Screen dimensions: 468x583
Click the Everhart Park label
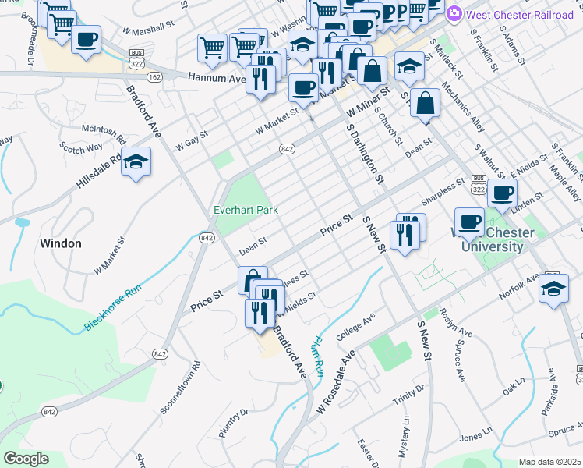click(x=246, y=210)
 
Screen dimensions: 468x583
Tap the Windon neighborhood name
click(x=61, y=243)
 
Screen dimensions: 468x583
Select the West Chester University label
click(x=494, y=240)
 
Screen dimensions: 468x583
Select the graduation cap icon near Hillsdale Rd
click(x=136, y=161)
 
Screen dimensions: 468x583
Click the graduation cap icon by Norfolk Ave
click(x=553, y=288)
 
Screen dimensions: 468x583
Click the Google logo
click(x=26, y=459)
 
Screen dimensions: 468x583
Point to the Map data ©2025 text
click(x=549, y=462)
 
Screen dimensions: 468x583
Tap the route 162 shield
click(x=154, y=76)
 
